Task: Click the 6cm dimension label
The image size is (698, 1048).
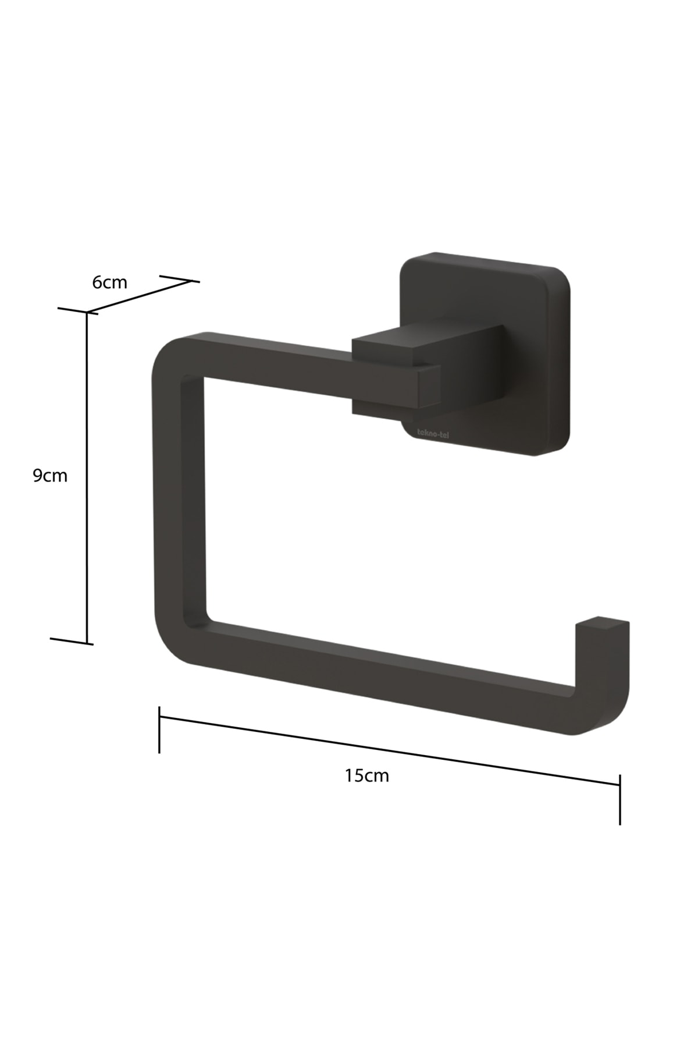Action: point(110,282)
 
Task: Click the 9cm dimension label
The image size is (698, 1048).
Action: point(50,476)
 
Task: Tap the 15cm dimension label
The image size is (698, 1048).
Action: point(366,776)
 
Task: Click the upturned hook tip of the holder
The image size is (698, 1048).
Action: point(602,624)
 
